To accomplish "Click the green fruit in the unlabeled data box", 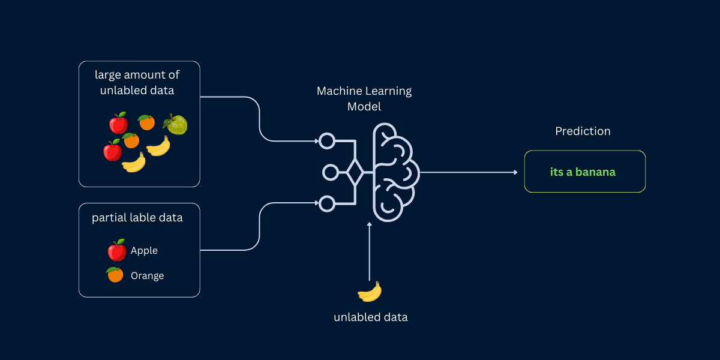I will pos(175,124).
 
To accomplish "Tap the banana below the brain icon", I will pos(370,292).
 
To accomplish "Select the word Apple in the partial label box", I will pos(144,251).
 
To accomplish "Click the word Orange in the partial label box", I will pos(147,276).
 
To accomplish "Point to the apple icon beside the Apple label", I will pos(116,250).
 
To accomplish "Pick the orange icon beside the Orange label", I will pos(115,275).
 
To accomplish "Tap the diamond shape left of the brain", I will pos(355,173).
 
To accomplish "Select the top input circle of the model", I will pos(326,141).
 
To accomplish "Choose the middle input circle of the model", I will pos(329,173).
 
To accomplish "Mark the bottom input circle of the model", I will pos(326,204).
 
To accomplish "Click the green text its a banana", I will pos(583,172).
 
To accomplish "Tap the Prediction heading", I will pos(583,131).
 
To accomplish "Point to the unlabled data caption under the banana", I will pos(370,317).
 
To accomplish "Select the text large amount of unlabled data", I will pos(137,83).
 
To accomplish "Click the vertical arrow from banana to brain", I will pos(370,252).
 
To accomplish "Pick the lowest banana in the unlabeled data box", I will pos(134,162).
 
